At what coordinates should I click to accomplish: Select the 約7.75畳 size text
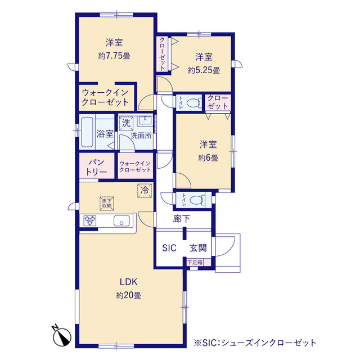(x=114, y=56)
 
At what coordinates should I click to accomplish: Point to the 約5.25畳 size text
(x=204, y=70)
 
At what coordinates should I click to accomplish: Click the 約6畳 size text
(x=207, y=158)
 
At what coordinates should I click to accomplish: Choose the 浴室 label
(x=105, y=134)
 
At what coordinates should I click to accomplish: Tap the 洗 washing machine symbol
(x=127, y=124)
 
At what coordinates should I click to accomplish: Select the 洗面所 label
(x=141, y=136)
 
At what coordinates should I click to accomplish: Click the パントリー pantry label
(x=96, y=166)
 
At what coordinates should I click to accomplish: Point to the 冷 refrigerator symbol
(x=145, y=191)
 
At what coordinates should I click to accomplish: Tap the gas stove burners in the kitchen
(x=91, y=221)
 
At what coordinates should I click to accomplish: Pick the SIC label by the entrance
(x=169, y=247)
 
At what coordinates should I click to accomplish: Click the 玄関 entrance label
(x=197, y=247)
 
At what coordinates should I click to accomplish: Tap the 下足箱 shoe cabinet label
(x=195, y=262)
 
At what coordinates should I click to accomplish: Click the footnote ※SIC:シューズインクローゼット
(x=254, y=341)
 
